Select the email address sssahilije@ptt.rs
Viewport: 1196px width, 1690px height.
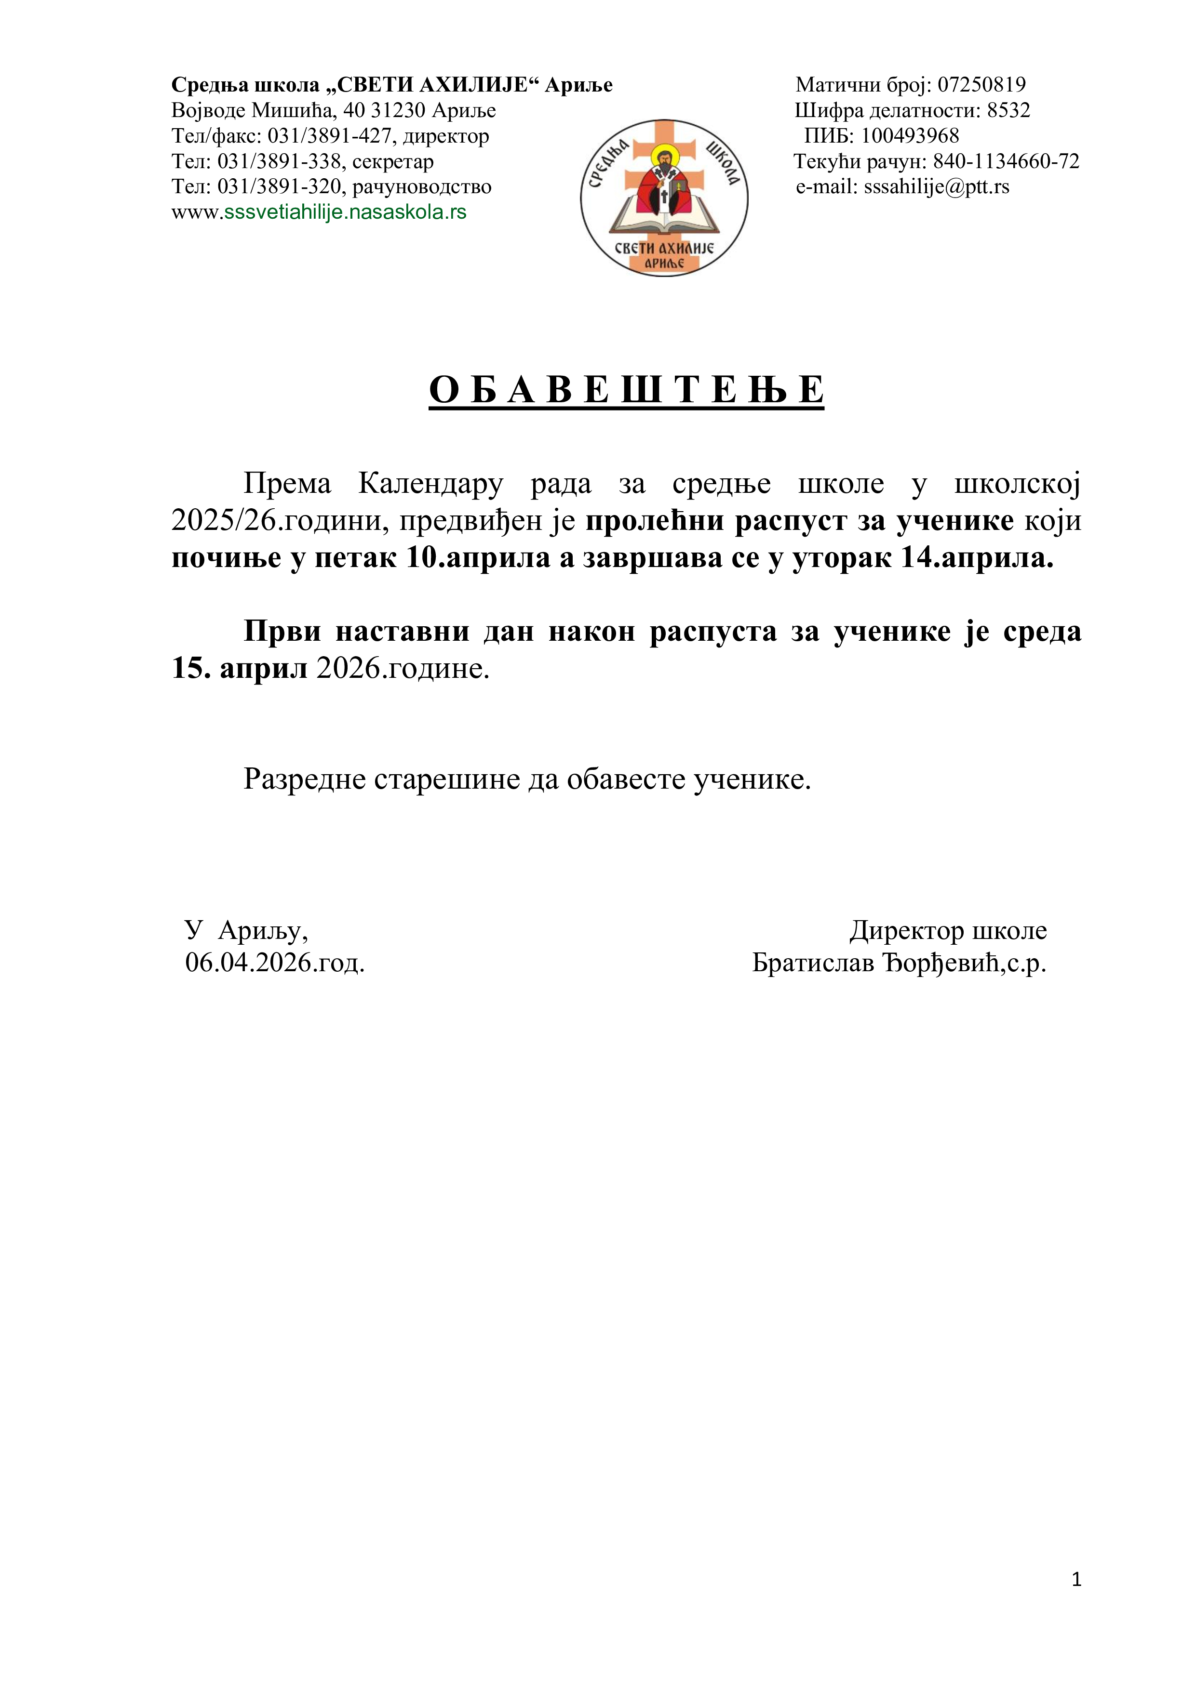[936, 187]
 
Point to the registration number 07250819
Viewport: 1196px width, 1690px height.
[981, 85]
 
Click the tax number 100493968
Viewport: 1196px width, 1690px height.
[910, 136]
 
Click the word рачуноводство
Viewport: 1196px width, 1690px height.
[422, 187]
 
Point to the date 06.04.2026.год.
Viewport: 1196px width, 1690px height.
[275, 962]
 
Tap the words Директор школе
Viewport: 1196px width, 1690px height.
[948, 930]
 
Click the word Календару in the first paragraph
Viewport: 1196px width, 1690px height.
[431, 484]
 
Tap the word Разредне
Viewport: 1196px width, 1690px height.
[304, 779]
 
